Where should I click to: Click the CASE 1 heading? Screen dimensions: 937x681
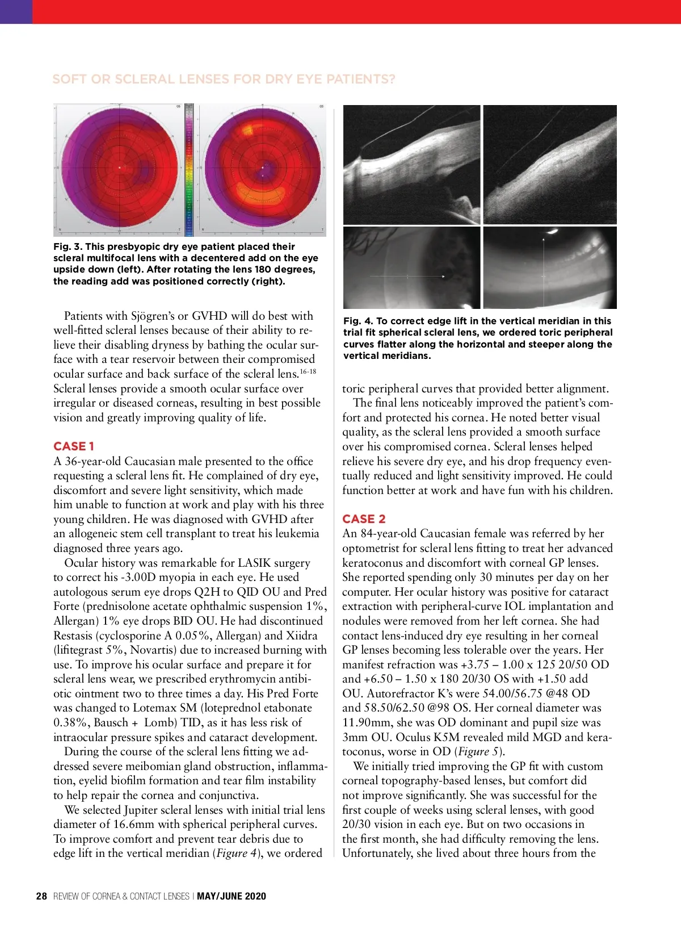coord(74,446)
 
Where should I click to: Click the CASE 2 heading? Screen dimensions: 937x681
coord(364,519)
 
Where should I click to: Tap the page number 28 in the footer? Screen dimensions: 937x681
coord(41,896)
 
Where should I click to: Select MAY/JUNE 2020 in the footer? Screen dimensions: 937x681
coord(231,896)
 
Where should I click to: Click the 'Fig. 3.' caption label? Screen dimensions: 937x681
coord(68,246)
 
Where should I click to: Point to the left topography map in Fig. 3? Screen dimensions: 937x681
coord(119,169)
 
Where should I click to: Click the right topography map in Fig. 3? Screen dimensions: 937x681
coord(262,169)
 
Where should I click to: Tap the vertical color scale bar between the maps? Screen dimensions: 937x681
coord(190,169)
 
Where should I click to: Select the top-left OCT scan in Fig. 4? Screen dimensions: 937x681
coord(412,165)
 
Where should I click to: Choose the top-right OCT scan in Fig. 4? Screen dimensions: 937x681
coord(549,165)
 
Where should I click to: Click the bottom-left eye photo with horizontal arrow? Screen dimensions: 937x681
coord(412,267)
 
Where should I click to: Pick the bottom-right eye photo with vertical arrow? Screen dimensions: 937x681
coord(549,267)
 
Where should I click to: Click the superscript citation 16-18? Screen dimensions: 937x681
coord(308,371)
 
